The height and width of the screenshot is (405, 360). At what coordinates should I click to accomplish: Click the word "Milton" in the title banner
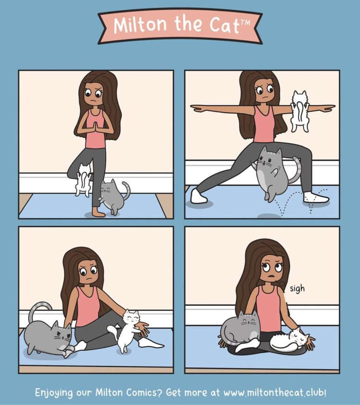[x=140, y=24]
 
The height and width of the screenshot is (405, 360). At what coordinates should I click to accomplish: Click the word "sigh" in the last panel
[x=297, y=288]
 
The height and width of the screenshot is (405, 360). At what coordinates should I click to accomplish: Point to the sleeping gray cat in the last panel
[x=239, y=329]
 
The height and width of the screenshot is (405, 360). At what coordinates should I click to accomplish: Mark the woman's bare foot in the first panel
[x=99, y=213]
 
